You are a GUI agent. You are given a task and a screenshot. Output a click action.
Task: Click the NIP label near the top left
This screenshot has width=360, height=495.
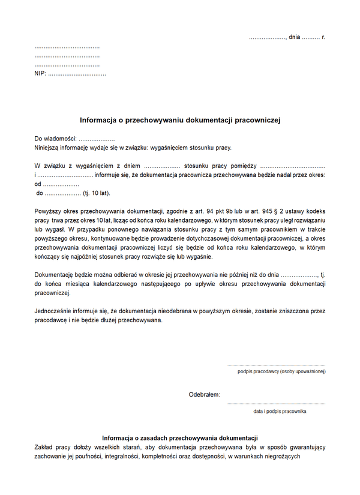40,74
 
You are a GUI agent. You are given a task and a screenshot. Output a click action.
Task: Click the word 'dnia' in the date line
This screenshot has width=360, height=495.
294,37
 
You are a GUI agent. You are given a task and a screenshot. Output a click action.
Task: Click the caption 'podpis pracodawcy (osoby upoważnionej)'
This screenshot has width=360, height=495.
281,372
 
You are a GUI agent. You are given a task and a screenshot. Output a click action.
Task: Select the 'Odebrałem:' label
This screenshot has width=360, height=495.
204,395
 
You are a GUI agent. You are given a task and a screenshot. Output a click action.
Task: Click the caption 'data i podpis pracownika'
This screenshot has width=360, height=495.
280,412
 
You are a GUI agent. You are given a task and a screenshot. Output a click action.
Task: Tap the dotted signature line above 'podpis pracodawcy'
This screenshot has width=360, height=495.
276,365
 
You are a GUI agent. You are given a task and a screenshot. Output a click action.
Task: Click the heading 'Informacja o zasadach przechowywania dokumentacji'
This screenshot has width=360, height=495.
180,437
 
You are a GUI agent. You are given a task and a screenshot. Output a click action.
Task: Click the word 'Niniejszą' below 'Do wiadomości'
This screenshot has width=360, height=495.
48,148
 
